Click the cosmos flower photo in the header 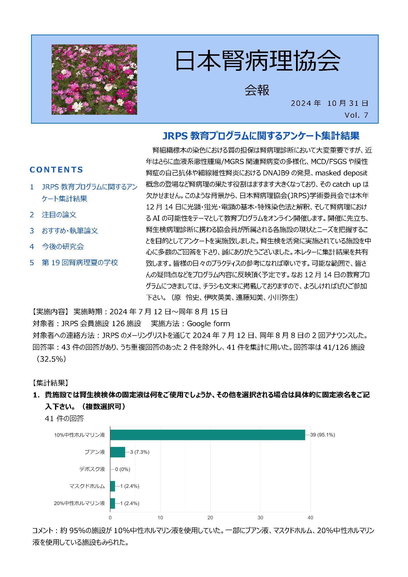pyautogui.click(x=94, y=79)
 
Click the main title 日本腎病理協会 pyautogui.click(x=257, y=61)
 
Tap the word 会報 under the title pyautogui.click(x=257, y=90)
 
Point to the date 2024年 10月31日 pyautogui.click(x=329, y=103)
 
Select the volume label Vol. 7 pyautogui.click(x=356, y=115)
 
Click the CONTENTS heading pyautogui.click(x=56, y=170)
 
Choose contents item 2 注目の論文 pyautogui.click(x=59, y=215)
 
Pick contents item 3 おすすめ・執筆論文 pyautogui.click(x=70, y=231)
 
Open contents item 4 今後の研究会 pyautogui.click(x=63, y=246)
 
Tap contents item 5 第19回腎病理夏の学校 pyautogui.click(x=80, y=263)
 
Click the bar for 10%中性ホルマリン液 pyautogui.click(x=207, y=435)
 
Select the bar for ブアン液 pyautogui.click(x=118, y=452)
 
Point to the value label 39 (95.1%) pyautogui.click(x=323, y=435)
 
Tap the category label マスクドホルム pyautogui.click(x=87, y=486)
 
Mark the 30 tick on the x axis pyautogui.click(x=260, y=518)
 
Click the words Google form pyautogui.click(x=208, y=324)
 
